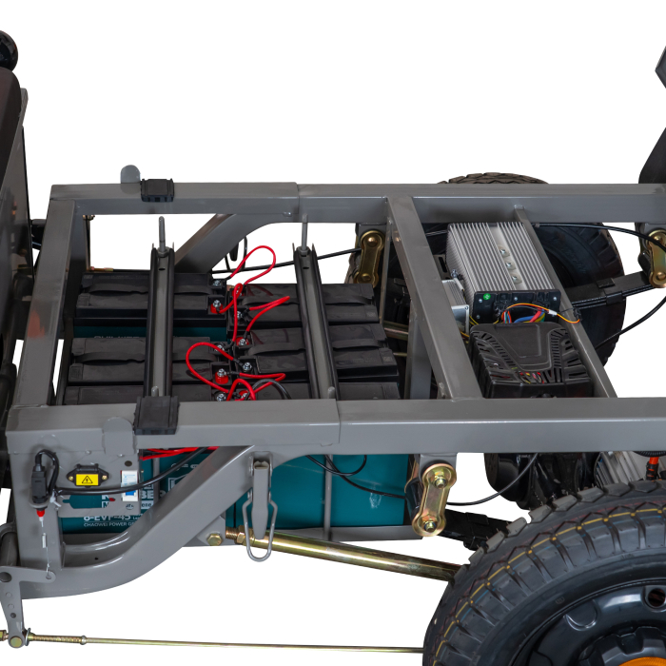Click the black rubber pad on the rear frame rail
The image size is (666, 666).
click(157, 188)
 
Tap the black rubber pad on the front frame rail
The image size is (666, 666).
click(156, 415)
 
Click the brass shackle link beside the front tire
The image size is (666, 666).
click(433, 499)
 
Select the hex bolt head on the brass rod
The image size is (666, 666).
click(215, 539)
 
